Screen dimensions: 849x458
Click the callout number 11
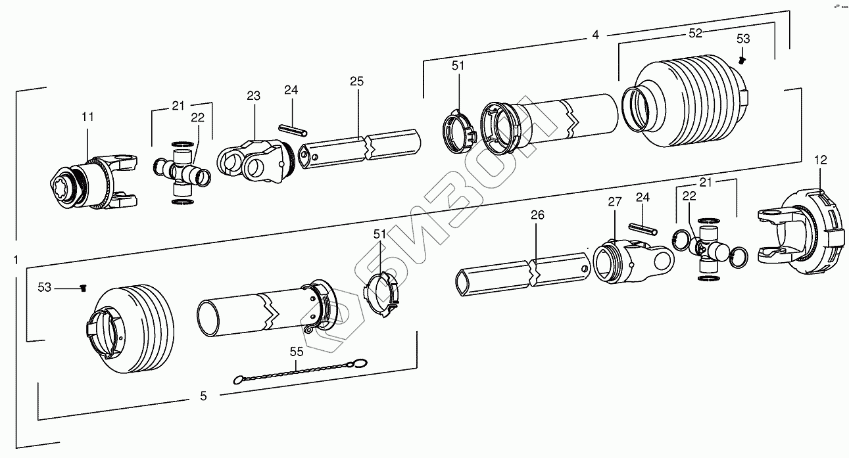[x=87, y=116]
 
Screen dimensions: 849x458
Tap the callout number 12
[x=820, y=159]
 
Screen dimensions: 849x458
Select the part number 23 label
[x=254, y=96]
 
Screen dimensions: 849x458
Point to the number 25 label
[x=356, y=81]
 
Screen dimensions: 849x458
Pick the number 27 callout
[x=614, y=202]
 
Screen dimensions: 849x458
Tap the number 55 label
[x=297, y=352]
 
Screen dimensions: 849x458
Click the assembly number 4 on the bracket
[x=595, y=35]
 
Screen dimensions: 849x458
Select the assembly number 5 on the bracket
[x=203, y=396]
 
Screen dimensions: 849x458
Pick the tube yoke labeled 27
[x=631, y=263]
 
